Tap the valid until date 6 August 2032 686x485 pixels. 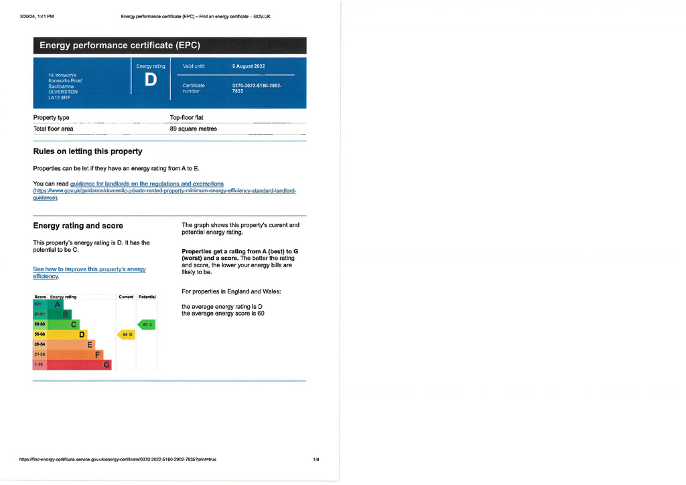249,66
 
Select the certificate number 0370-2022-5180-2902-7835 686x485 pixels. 257,88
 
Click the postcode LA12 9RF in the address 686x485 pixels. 59,98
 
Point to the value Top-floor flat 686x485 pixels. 186,118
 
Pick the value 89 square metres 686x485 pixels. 193,129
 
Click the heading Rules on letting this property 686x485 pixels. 87,151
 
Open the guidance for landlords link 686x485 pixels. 147,184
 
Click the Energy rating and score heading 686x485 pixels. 78,226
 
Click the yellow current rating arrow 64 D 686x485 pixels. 127,334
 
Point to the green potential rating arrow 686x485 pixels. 147,324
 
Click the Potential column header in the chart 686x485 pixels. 147,296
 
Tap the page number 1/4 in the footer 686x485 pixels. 316,460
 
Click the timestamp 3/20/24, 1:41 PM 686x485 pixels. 37,16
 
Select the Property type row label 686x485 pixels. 51,118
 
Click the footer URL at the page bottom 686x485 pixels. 118,460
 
